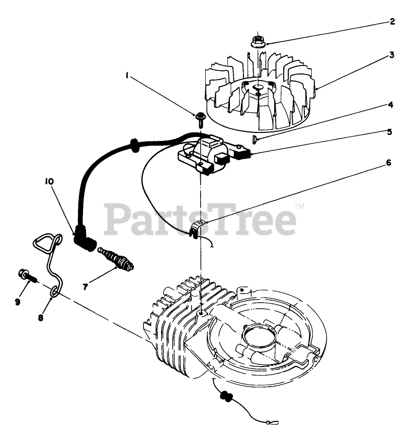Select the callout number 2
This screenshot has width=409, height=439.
(x=392, y=22)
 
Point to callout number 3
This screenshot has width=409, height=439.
(x=392, y=56)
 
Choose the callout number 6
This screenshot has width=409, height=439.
(x=388, y=163)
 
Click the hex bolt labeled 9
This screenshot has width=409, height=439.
(x=27, y=275)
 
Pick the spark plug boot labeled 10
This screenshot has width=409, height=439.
(x=83, y=239)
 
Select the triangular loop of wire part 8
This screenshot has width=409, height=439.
(x=46, y=242)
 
